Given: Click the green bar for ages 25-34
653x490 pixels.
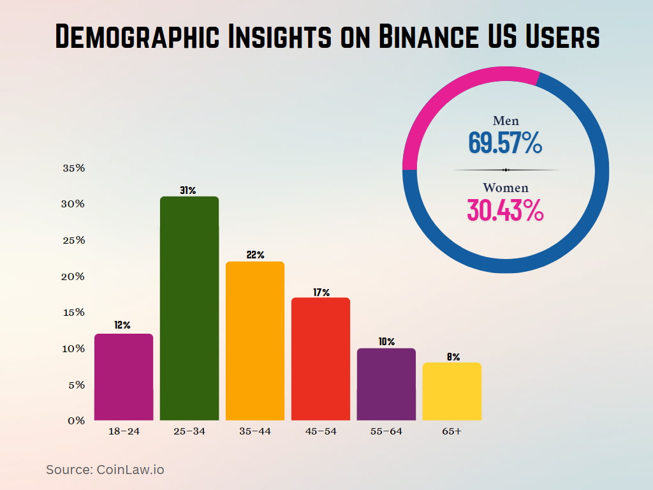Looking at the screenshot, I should point(189,309).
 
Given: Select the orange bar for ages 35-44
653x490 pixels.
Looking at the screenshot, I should point(255,341).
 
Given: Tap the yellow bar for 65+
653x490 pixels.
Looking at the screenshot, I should point(451,392).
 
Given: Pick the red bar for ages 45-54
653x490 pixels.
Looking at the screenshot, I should point(321,359).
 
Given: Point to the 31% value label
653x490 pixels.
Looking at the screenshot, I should point(189,190).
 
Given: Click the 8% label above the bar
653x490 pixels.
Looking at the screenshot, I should point(453,357).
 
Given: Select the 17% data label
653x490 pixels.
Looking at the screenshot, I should point(321,292).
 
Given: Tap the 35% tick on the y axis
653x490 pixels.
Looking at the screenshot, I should point(74,168).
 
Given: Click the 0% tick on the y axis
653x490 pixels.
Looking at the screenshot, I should point(77,420).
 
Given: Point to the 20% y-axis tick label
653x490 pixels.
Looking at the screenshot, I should point(74,276).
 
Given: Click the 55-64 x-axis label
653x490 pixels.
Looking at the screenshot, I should point(386,431).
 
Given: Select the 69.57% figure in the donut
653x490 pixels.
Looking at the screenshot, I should point(505,143).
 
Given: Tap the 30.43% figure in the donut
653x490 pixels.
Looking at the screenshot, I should point(505,211).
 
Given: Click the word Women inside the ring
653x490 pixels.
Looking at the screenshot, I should point(506,188).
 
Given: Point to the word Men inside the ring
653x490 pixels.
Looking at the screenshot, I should point(506,121).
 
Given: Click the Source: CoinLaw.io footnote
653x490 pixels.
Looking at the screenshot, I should point(105,470).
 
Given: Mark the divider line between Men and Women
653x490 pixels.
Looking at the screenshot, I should point(506,170).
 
